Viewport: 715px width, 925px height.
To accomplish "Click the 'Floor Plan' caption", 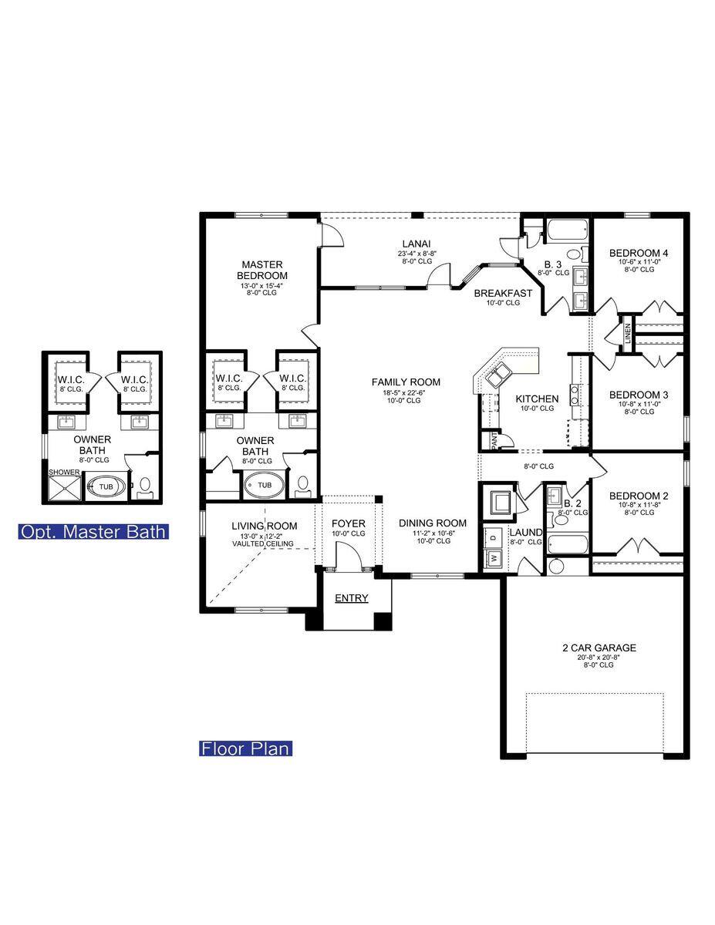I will tap(246, 748).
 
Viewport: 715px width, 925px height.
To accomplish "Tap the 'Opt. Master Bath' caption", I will tap(93, 532).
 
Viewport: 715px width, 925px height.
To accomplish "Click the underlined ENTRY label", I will tap(351, 598).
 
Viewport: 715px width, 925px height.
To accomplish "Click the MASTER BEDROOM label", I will tap(262, 270).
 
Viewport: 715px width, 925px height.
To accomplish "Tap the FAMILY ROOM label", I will tap(406, 382).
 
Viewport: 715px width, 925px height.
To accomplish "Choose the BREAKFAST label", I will tap(503, 293).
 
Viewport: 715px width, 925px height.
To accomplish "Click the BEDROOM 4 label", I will tap(639, 253).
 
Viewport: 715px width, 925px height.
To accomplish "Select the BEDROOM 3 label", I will tap(639, 395).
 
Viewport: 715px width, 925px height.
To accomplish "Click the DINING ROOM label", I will tap(433, 523).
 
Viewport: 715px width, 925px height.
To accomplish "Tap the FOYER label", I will tap(349, 524).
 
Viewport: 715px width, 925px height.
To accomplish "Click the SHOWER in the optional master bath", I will tap(64, 487).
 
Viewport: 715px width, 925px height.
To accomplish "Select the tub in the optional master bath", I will tap(105, 487).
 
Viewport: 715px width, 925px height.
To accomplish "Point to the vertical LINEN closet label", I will tap(628, 333).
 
